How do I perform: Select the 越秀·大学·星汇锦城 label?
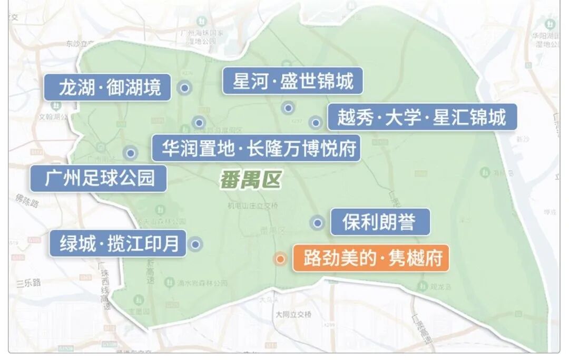click(422, 117)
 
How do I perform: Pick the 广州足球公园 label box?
click(99, 178)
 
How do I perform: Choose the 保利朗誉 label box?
click(379, 222)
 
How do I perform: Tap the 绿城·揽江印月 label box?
click(118, 244)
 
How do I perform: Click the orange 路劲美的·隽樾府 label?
click(371, 258)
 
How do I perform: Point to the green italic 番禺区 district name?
click(250, 180)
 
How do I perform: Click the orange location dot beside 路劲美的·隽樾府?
click(280, 259)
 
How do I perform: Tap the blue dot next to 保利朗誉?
click(317, 223)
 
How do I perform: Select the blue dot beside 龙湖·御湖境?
click(184, 88)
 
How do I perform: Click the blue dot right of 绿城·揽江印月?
click(195, 244)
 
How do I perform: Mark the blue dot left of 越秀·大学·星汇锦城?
click(315, 123)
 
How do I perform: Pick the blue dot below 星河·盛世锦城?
click(288, 108)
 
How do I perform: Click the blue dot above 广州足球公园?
click(130, 153)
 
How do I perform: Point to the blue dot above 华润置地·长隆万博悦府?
click(199, 123)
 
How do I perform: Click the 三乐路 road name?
click(28, 283)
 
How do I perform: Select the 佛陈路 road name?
click(25, 200)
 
